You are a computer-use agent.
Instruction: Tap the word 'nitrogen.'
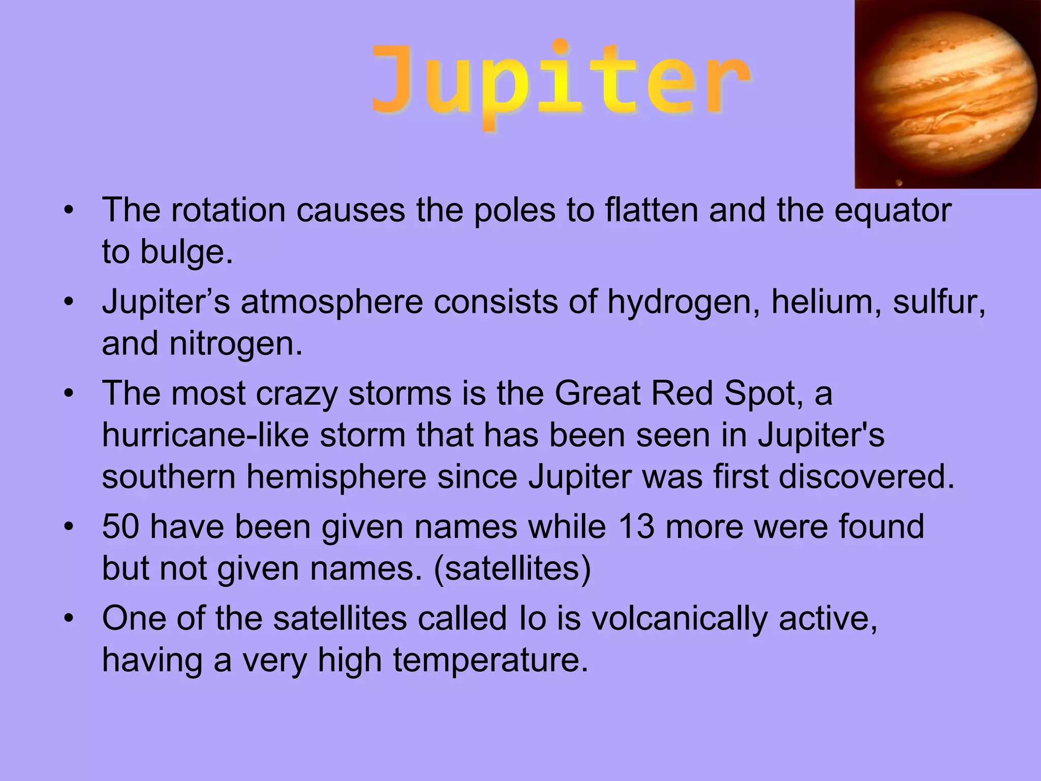tap(236, 344)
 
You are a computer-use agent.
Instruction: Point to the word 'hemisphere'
tap(336, 477)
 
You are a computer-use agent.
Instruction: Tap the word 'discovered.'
tap(867, 477)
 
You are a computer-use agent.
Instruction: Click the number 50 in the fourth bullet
tap(120, 526)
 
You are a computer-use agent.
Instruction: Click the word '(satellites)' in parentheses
tap(512, 568)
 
